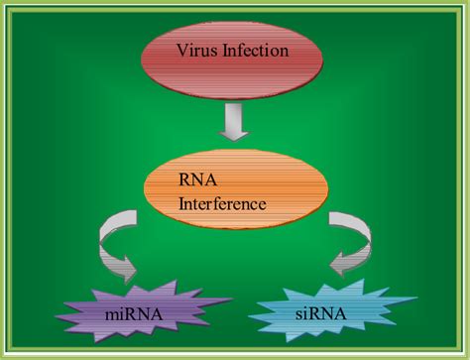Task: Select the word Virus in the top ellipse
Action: click(195, 49)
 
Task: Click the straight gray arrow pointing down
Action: click(233, 123)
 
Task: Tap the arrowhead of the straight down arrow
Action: click(233, 133)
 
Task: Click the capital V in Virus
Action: click(181, 49)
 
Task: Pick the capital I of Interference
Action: click(180, 205)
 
